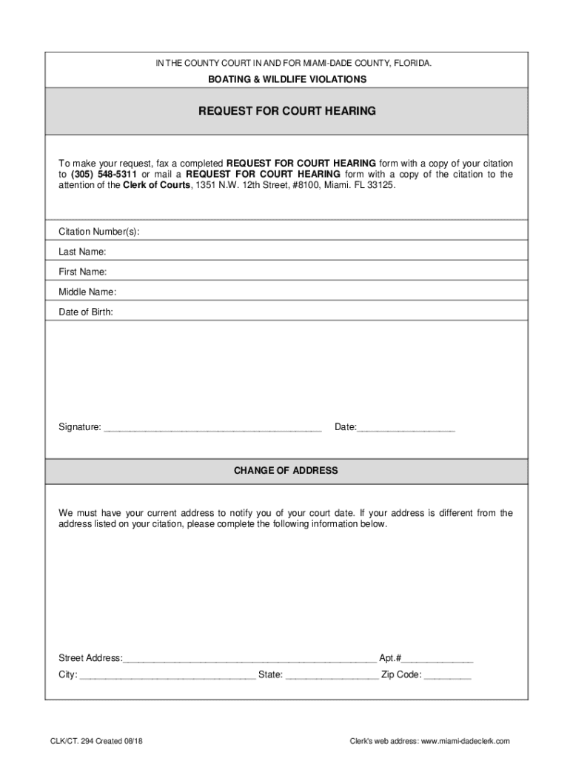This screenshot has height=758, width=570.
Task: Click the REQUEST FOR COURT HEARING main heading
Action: click(287, 111)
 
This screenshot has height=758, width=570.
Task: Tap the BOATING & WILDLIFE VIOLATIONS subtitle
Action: click(287, 79)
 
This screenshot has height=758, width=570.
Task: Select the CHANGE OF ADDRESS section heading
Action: click(286, 471)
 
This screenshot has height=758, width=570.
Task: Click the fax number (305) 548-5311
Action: click(104, 174)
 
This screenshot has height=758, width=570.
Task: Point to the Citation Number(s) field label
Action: click(98, 232)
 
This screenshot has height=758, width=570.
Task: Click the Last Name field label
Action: click(82, 252)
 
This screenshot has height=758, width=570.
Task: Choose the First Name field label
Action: click(82, 272)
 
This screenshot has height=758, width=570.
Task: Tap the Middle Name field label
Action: click(87, 292)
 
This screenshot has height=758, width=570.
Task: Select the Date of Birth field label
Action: click(86, 312)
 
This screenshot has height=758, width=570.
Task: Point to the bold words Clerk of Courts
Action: click(156, 185)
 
